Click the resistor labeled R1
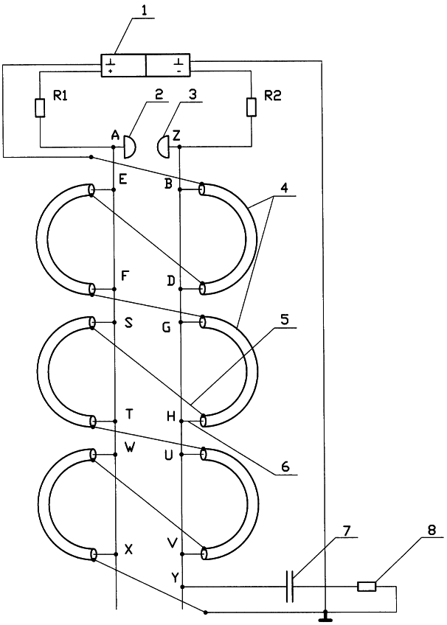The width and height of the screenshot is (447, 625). tap(40, 108)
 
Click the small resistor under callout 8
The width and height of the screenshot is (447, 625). tap(366, 587)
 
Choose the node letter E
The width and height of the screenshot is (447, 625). tap(122, 179)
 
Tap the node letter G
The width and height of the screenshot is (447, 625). tap(167, 328)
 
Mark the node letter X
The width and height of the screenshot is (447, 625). tap(128, 549)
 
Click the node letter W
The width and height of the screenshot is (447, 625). tap(129, 445)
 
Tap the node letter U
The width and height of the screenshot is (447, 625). tap(168, 455)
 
